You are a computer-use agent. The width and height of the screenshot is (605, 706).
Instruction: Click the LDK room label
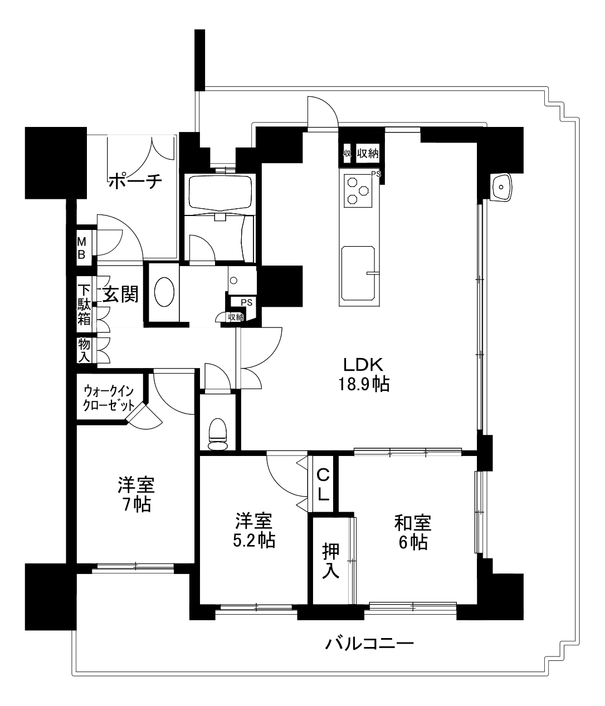[363, 365]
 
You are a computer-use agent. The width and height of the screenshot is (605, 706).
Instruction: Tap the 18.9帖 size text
[364, 384]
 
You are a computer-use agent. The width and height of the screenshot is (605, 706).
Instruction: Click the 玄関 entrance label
[121, 294]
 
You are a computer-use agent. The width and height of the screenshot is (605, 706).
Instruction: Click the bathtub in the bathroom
[220, 192]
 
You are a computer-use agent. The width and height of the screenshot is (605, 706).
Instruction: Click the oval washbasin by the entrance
[164, 292]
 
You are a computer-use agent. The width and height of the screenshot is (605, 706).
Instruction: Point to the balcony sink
[500, 187]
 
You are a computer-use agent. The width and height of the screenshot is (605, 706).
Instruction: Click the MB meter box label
[82, 248]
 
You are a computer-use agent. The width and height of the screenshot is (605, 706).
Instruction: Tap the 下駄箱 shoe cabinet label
[84, 305]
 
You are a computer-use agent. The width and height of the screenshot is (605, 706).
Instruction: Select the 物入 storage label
[84, 350]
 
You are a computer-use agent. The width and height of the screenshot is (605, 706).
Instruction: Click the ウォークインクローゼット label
[109, 398]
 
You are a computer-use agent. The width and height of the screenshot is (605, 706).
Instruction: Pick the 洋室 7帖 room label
[136, 494]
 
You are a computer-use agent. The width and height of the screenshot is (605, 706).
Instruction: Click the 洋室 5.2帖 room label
[253, 531]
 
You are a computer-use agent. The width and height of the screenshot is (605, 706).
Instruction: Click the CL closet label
[323, 484]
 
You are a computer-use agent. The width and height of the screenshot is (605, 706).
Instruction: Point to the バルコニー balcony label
[369, 644]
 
